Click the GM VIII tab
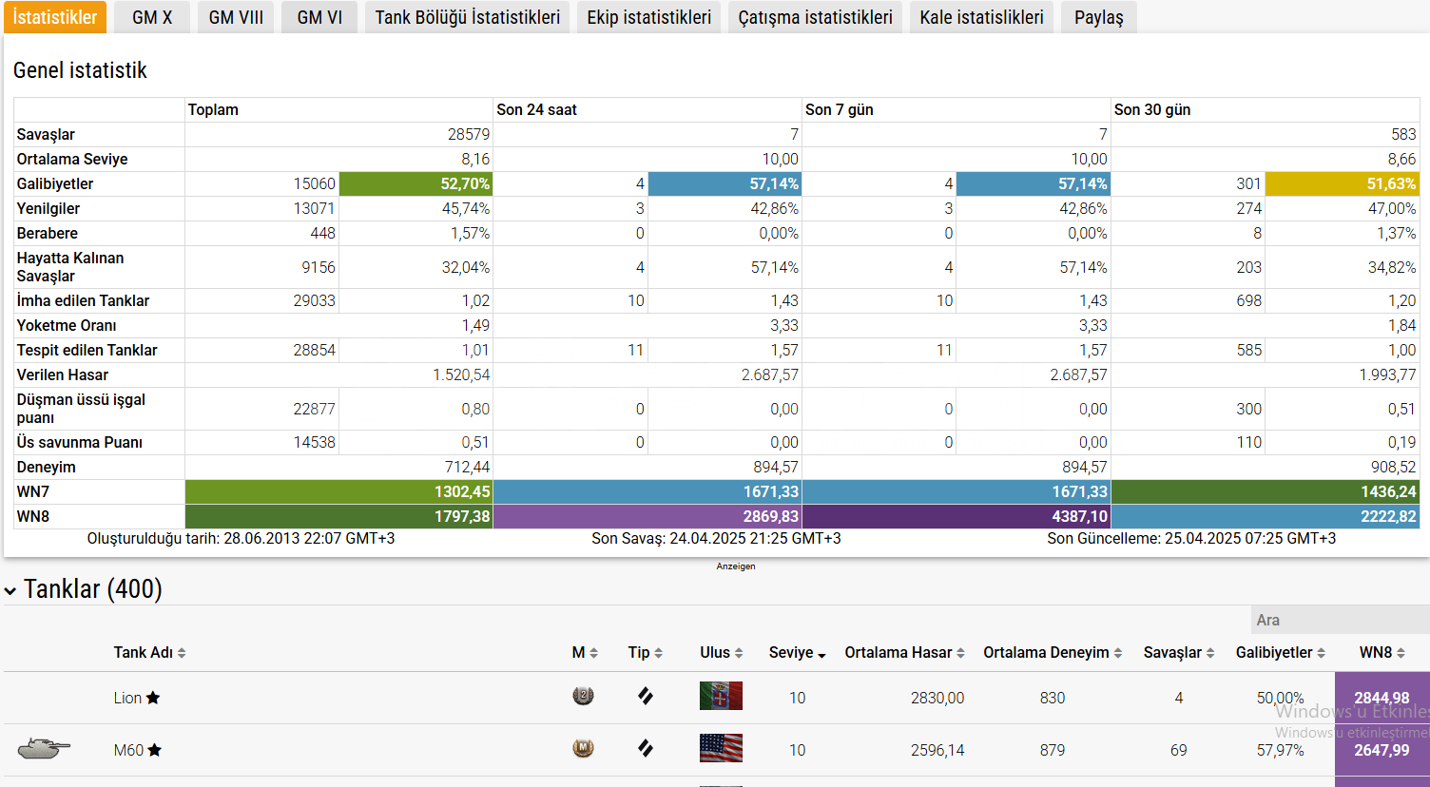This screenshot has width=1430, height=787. point(236,17)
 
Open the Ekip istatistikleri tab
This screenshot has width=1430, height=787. point(648,17)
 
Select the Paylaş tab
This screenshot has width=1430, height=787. point(1098,17)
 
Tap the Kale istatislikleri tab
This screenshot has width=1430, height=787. point(981,17)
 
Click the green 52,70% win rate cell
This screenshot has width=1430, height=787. point(415,183)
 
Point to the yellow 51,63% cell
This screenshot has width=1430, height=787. point(1342,183)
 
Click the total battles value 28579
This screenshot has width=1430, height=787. point(469,134)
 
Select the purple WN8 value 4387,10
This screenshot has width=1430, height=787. point(957,516)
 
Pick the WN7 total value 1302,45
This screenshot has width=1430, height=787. point(339,491)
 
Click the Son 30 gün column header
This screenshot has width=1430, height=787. point(1152,109)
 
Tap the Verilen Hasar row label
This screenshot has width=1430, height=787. point(63,374)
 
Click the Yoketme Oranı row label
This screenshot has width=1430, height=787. point(67,325)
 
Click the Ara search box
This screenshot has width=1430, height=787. point(1339,620)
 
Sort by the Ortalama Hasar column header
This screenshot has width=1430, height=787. point(904,652)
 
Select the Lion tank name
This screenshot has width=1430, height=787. point(127,698)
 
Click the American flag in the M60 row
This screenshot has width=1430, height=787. point(721,748)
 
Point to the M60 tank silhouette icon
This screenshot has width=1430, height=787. point(44,748)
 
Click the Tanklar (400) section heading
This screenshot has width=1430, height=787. point(92,589)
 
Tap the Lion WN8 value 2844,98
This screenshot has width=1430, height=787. point(1382,698)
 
